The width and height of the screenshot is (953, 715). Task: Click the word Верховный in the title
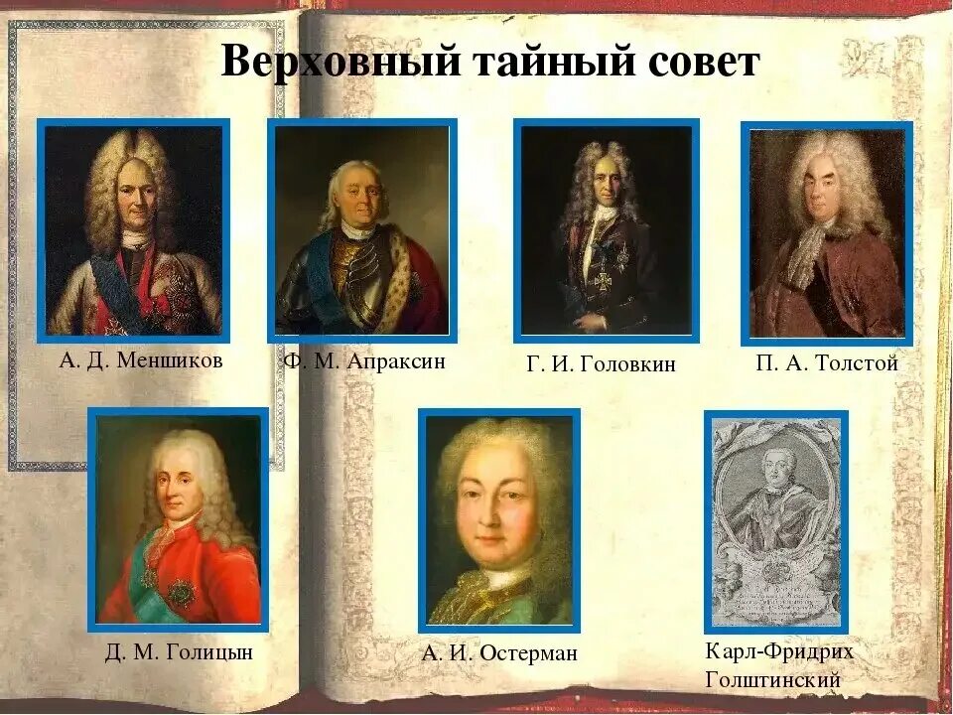(x=342, y=63)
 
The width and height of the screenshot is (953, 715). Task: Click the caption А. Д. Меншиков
(x=141, y=360)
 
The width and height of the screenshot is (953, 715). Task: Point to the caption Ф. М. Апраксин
(x=364, y=361)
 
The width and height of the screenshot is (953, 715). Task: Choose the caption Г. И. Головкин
(x=601, y=364)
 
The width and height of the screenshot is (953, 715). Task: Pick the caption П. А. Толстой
(x=826, y=363)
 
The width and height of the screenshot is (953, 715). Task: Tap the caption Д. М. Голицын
(x=179, y=652)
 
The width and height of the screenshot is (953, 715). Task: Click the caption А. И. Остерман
(x=498, y=653)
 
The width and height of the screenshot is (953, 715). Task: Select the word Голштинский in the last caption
(x=772, y=680)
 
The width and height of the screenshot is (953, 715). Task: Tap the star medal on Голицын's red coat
(x=182, y=593)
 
